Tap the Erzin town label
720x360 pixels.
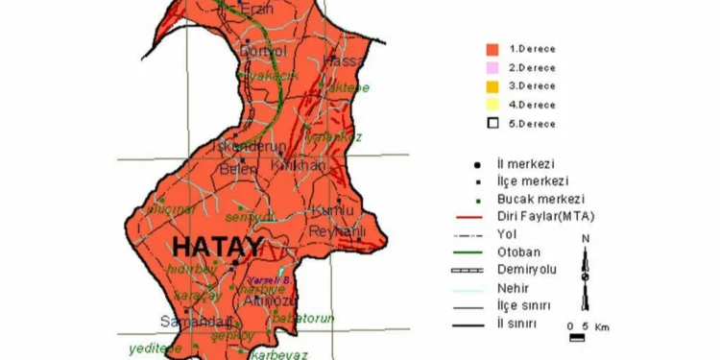pyautogui.click(x=255, y=9)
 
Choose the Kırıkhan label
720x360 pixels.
pyautogui.click(x=299, y=166)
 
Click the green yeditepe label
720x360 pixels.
pyautogui.click(x=148, y=348)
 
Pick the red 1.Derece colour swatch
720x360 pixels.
pyautogui.click(x=492, y=49)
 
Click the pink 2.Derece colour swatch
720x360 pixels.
pyautogui.click(x=492, y=67)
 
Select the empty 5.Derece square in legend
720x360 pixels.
pyautogui.click(x=492, y=122)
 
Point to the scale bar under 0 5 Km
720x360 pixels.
pyautogui.click(x=577, y=337)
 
